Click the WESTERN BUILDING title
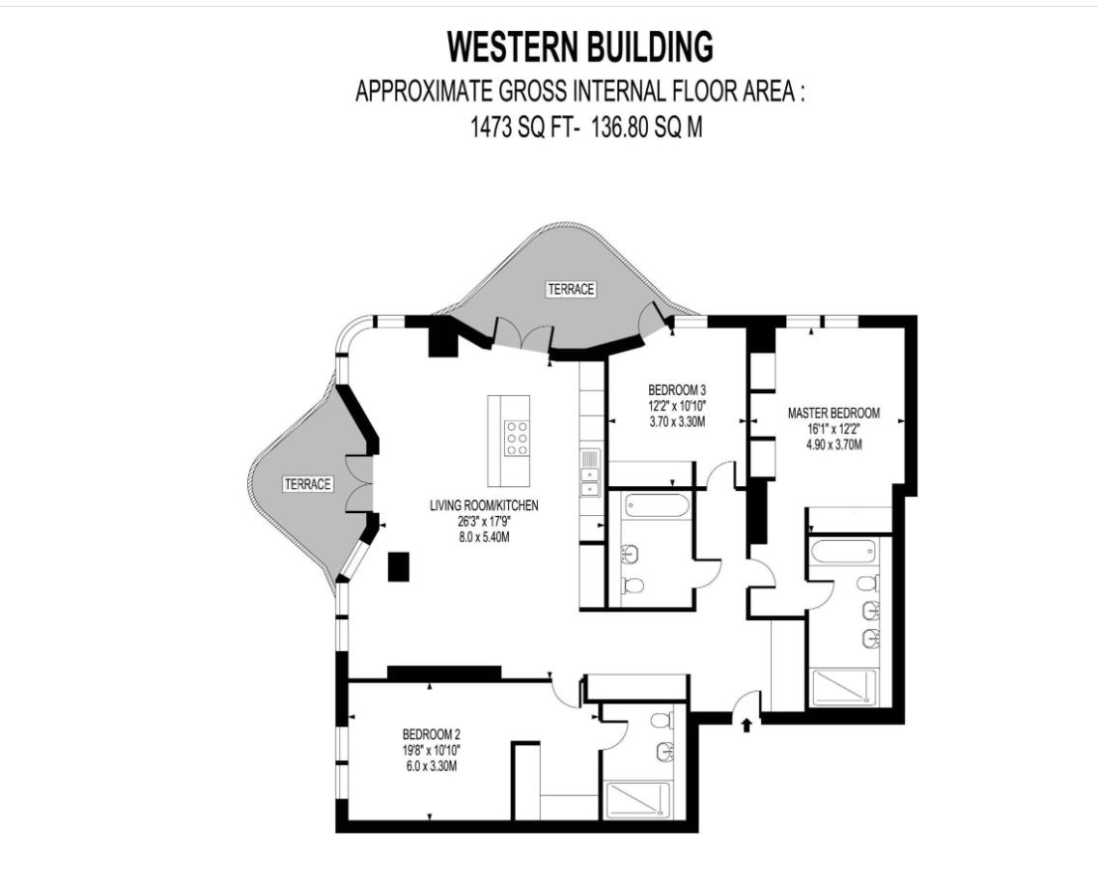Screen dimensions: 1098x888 click(580, 47)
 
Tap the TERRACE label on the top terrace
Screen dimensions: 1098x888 click(571, 289)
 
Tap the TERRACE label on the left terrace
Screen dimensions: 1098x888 click(307, 484)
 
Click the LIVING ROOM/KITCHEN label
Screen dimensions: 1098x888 click(484, 505)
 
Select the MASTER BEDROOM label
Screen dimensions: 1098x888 click(833, 414)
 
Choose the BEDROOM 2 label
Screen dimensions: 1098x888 click(432, 734)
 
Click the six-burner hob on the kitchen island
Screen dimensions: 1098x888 click(517, 438)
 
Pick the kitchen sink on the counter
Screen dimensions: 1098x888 click(590, 473)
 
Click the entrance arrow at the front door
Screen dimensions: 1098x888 click(746, 725)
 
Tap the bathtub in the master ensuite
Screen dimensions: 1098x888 click(843, 551)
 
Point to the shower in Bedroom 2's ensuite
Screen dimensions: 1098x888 click(636, 800)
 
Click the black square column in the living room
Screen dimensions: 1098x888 click(399, 567)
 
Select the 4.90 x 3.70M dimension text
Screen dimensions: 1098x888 click(833, 444)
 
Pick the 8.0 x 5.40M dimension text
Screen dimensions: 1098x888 click(484, 537)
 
